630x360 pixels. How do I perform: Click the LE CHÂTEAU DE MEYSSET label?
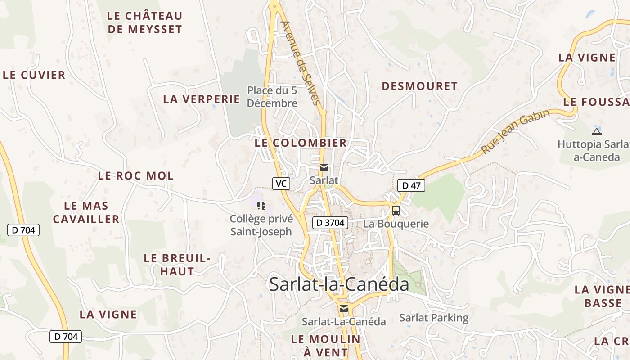pos(144,22)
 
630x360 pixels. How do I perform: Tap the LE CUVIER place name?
pos(34,75)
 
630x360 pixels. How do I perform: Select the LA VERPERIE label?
pos(202,99)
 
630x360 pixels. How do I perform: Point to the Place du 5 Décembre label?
pos(272,97)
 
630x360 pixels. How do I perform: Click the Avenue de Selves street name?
pos(302,63)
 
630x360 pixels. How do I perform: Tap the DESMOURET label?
pos(419,86)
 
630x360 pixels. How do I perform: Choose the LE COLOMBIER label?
pos(301,143)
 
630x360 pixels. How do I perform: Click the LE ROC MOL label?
pos(136,176)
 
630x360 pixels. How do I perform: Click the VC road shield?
pos(281,184)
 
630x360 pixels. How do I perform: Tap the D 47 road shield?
pos(411,185)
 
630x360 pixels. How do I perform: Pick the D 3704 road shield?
pos(330,222)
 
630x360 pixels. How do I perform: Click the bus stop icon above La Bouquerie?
pos(396,210)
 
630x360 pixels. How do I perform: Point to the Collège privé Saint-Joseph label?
pos(261,225)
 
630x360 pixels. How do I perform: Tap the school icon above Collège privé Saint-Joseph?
pos(261,206)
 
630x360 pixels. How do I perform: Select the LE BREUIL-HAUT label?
pos(177,265)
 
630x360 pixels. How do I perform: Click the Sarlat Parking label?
pos(434,318)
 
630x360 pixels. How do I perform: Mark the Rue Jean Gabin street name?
pos(515,131)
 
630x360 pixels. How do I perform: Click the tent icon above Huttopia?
pos(597,131)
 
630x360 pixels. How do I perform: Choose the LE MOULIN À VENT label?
pos(326,346)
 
